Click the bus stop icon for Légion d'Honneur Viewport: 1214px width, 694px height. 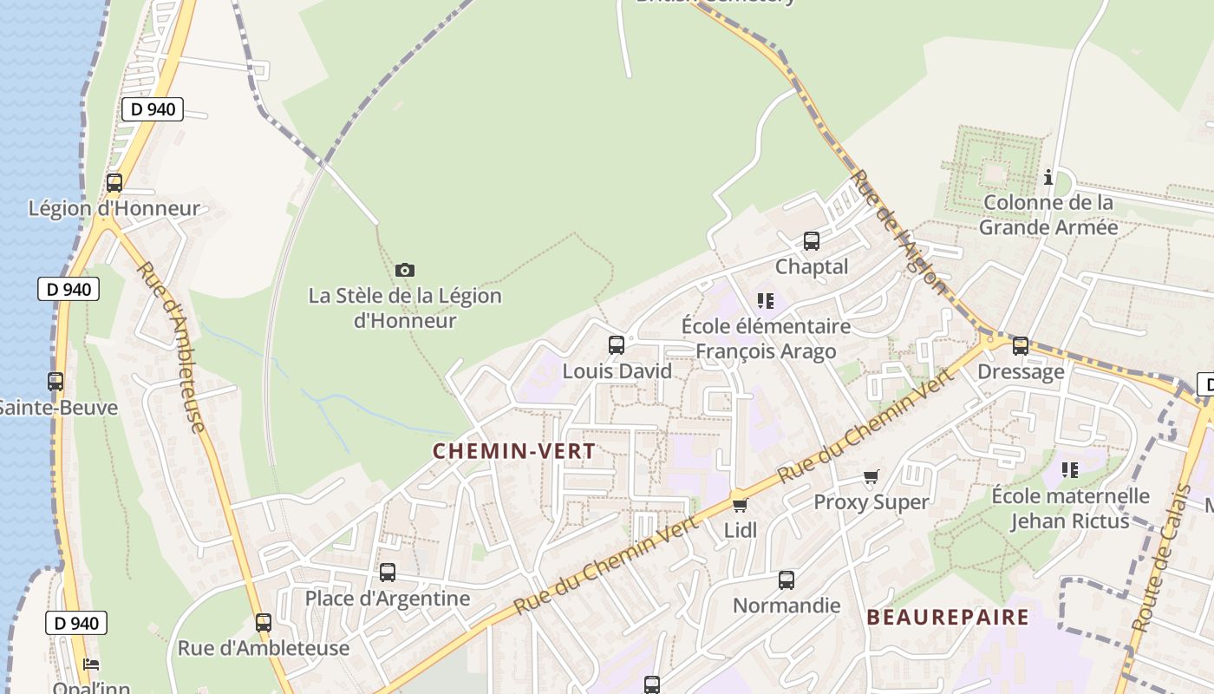click(x=114, y=183)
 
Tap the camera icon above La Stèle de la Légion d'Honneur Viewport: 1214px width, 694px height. click(x=404, y=270)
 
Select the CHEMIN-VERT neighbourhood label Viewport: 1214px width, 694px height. click(x=513, y=451)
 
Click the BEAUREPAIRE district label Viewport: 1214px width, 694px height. click(x=948, y=618)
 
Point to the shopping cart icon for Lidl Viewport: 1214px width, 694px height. click(x=740, y=505)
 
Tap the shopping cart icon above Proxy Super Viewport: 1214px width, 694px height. click(x=871, y=476)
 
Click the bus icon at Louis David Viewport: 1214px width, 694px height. click(x=617, y=345)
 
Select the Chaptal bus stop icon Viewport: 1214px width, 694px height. click(x=812, y=241)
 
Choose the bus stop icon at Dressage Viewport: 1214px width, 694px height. click(x=1021, y=346)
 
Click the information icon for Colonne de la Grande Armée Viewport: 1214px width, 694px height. click(x=1048, y=177)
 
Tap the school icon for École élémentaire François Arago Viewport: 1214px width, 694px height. click(x=765, y=301)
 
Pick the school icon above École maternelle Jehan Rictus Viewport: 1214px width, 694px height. click(x=1070, y=470)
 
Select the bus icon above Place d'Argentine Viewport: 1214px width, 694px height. click(x=388, y=573)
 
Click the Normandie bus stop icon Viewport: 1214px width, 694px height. click(x=786, y=580)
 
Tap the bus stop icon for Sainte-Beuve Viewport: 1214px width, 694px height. click(x=55, y=381)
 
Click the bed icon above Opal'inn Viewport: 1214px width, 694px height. click(x=91, y=665)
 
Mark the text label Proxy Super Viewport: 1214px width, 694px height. click(x=871, y=502)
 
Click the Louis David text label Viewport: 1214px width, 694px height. click(x=617, y=371)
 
